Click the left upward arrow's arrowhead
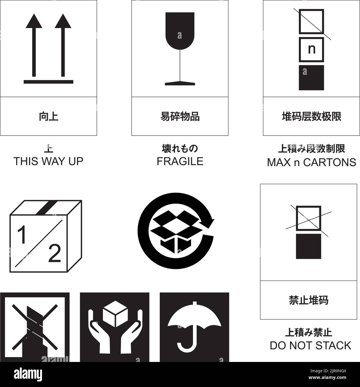point(34,22)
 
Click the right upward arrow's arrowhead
point(63,22)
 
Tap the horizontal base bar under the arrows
point(48,82)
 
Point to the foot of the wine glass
point(180,83)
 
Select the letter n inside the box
point(312,49)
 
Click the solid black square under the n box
point(311,78)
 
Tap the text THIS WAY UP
point(48,161)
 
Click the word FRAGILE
point(180,161)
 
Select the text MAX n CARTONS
point(311,162)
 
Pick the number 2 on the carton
point(55,253)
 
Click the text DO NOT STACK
point(310,346)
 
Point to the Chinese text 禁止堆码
point(309,300)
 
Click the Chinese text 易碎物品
point(180,116)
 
